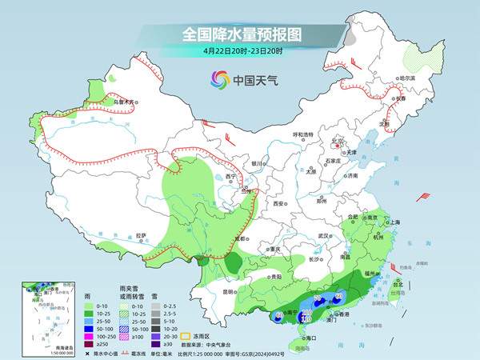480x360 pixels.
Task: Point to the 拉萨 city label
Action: click(142, 235)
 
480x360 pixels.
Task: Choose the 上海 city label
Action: click(393, 222)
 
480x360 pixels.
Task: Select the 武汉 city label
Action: click(324, 236)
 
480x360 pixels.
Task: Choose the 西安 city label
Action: click(278, 204)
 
